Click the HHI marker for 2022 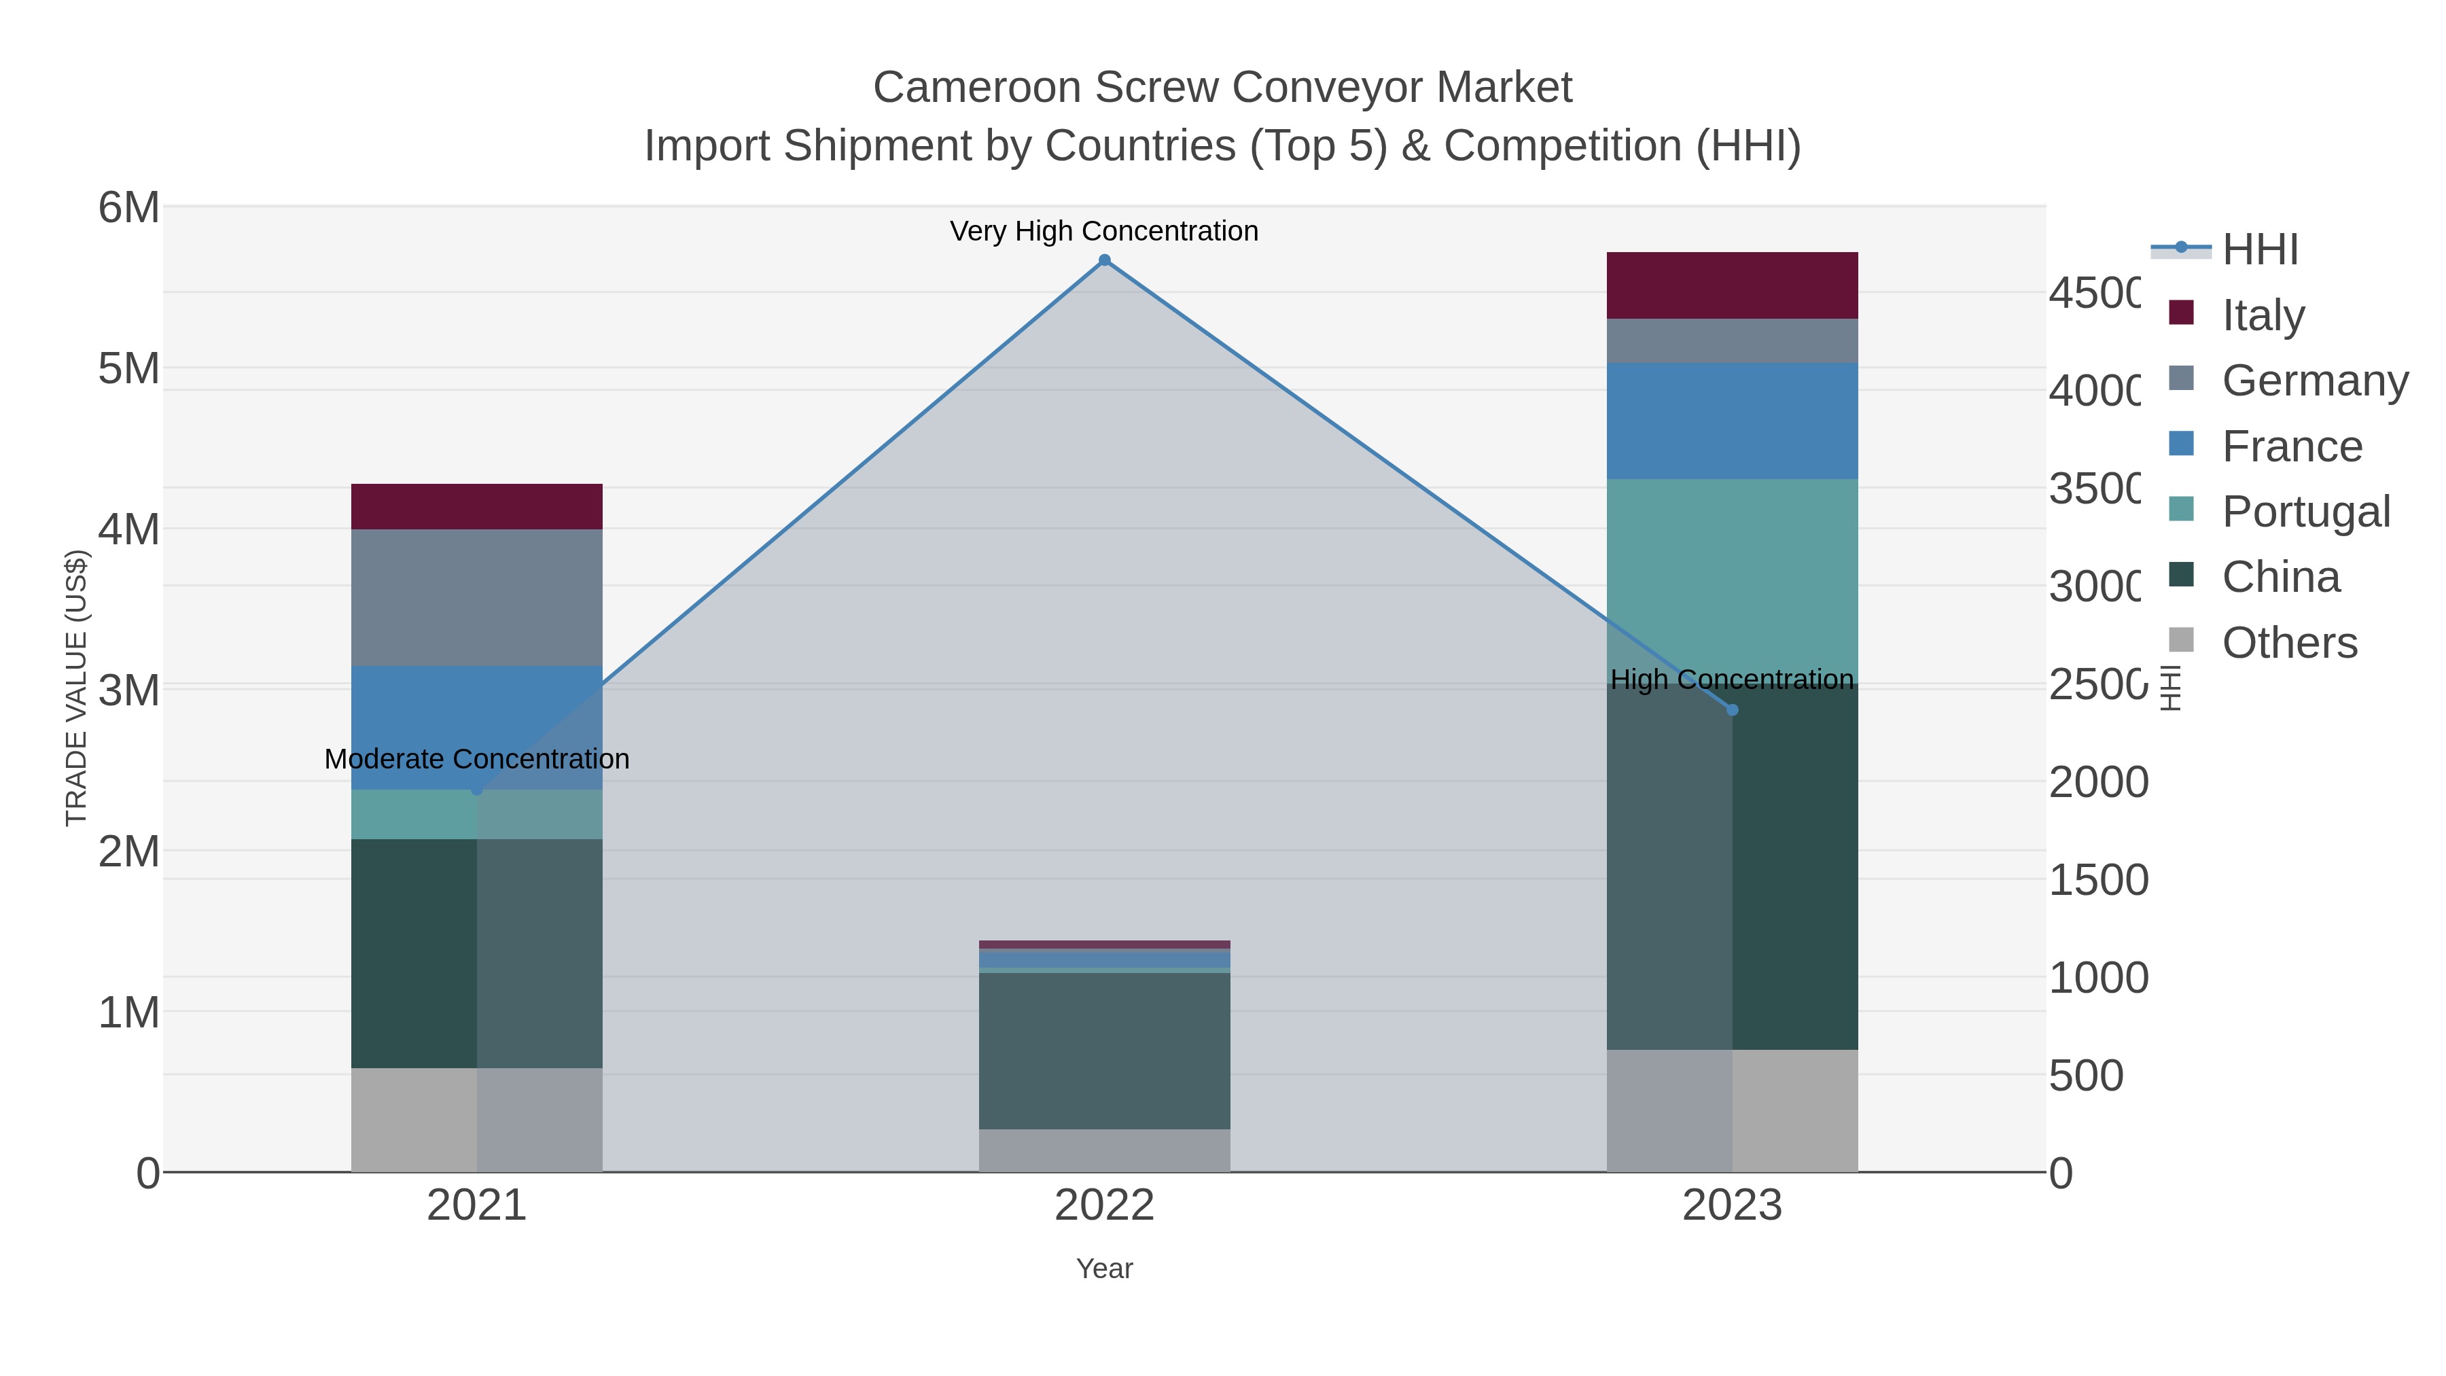point(1104,260)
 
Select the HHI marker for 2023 point(1732,710)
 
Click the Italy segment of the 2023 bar point(1732,285)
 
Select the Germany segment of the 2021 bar point(477,597)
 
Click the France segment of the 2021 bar point(477,727)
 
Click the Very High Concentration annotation point(1104,231)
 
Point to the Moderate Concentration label point(477,760)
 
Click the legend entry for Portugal point(2305,512)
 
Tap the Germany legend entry point(2314,381)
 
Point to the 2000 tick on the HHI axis point(2097,783)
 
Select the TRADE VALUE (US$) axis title point(76,688)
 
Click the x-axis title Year point(1104,1269)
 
